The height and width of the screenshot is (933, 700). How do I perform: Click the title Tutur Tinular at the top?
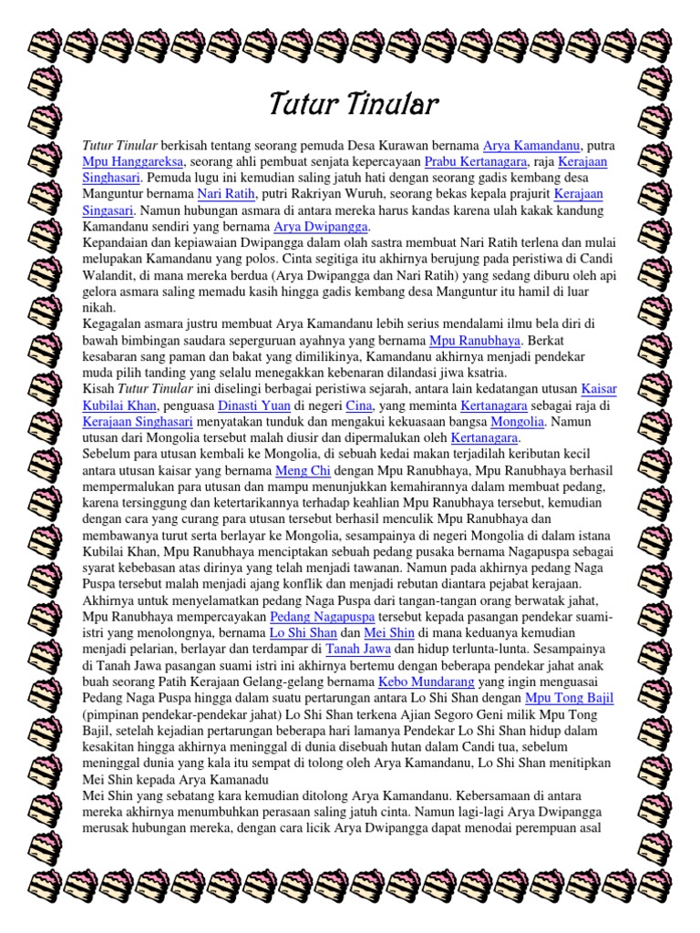pos(354,105)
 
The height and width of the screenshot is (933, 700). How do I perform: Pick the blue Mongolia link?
pos(517,422)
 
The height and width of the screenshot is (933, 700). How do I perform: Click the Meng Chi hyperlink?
pos(300,471)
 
